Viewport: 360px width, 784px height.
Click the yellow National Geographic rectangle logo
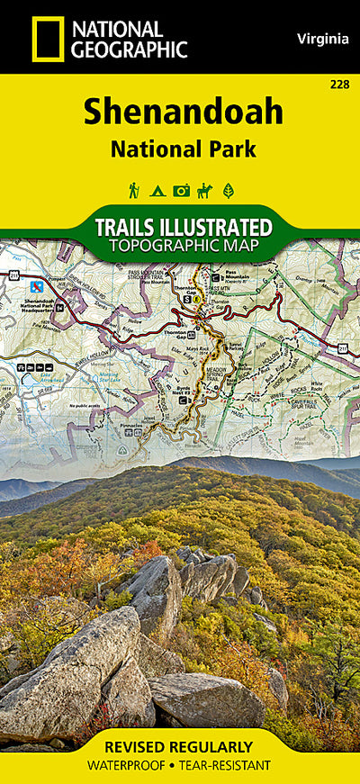(47, 39)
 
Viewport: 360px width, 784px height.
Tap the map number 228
(340, 85)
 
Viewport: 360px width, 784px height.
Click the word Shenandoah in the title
(184, 112)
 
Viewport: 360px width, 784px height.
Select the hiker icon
(134, 191)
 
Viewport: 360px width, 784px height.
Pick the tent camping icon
(157, 191)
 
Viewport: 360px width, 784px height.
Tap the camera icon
(181, 191)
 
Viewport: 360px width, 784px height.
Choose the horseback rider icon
(204, 191)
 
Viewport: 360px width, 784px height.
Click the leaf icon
(228, 191)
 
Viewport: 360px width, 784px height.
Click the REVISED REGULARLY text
(179, 747)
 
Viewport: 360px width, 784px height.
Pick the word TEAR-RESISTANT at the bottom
(230, 765)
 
